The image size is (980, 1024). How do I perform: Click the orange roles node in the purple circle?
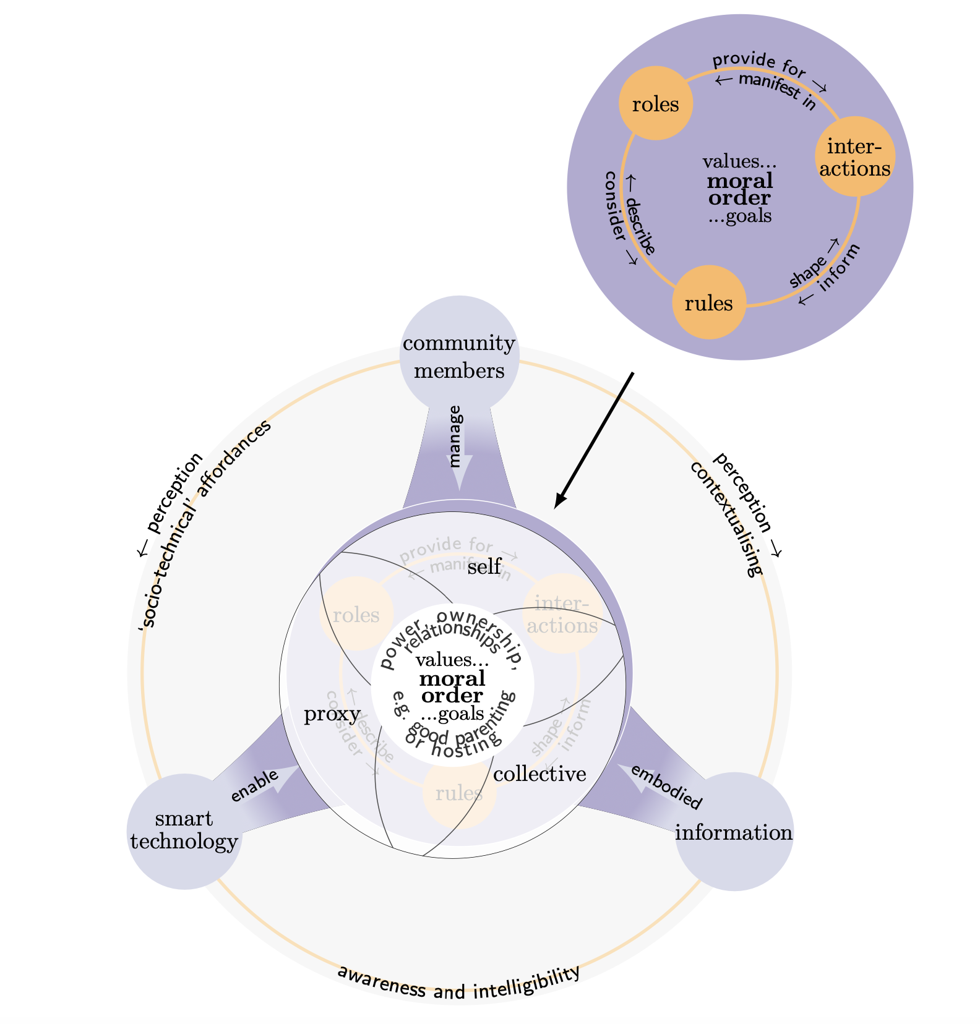[655, 104]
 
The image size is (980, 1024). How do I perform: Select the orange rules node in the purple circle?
[709, 302]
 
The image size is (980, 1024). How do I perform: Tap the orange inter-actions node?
[855, 156]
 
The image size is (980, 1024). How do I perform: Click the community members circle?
[458, 356]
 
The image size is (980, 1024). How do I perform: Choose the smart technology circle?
[184, 830]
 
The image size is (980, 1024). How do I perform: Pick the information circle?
[734, 832]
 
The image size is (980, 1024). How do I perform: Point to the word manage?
[455, 437]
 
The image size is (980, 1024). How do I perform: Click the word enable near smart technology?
[254, 786]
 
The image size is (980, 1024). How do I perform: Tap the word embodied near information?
[667, 787]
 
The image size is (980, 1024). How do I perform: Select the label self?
[484, 566]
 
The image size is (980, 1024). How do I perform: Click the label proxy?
[332, 714]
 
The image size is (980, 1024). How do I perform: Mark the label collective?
[539, 774]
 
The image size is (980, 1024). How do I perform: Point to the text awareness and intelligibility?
[458, 983]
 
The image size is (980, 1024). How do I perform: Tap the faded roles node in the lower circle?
[356, 615]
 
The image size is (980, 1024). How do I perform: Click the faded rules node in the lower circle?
[458, 793]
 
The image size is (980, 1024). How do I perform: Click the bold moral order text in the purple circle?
[740, 189]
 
